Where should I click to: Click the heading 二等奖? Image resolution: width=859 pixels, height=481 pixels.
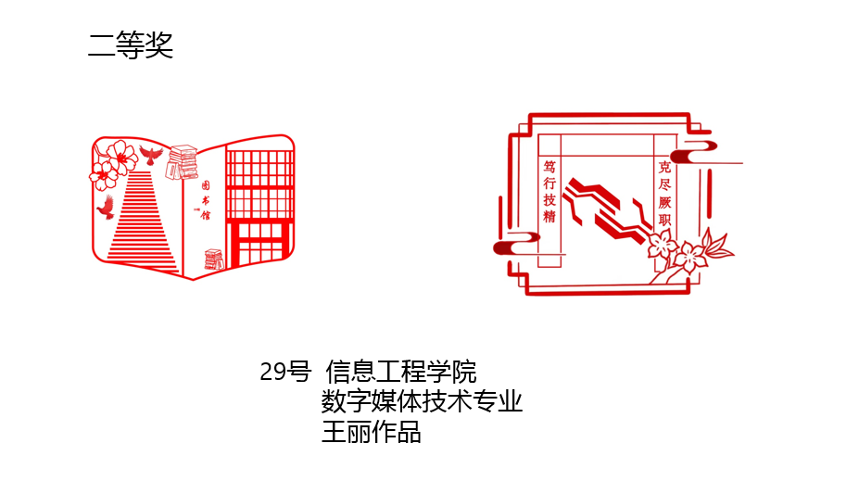131,45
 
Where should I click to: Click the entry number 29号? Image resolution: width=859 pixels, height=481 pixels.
285,373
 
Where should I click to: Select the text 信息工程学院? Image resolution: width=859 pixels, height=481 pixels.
400,373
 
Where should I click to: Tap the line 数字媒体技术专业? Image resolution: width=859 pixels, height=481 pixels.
422,402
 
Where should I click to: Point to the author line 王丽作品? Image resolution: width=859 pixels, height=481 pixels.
371,432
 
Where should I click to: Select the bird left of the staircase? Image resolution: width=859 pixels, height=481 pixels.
106,207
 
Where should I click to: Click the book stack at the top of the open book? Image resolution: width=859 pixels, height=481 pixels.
182,162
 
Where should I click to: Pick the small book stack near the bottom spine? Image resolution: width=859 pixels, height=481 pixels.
214,260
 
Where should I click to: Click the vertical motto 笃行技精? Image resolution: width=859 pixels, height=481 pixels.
550,191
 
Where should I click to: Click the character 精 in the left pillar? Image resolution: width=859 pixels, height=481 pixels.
550,217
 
